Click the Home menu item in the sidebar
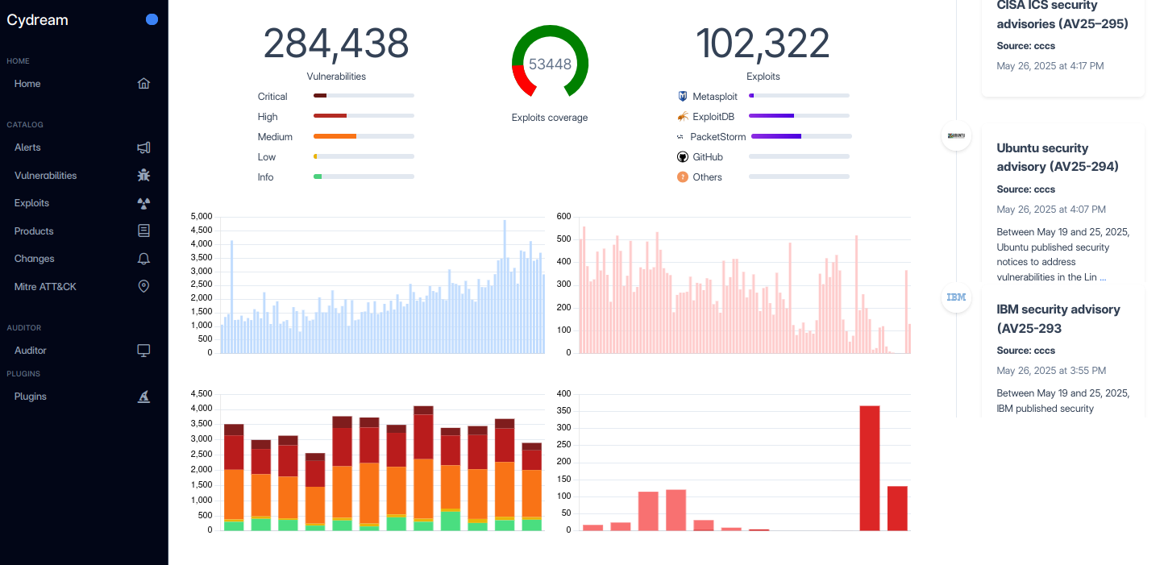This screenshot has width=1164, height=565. (27, 84)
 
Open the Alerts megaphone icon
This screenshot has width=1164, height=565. (143, 147)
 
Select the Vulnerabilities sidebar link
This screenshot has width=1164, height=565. (45, 176)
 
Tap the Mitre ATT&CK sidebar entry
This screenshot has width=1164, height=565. (45, 287)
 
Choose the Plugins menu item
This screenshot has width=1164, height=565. (31, 397)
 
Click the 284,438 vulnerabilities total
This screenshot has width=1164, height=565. (336, 44)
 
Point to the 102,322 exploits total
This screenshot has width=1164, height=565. (763, 44)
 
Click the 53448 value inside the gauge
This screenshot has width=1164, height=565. (550, 64)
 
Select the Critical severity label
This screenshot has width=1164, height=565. (272, 97)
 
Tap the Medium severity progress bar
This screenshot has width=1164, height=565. (364, 136)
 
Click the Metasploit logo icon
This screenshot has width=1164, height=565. (683, 97)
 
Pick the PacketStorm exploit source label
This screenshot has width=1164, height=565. (718, 137)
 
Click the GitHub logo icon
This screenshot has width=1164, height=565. (683, 157)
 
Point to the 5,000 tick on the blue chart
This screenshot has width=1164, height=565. (201, 217)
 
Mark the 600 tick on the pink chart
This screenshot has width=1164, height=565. (563, 217)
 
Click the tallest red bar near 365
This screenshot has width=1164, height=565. (870, 467)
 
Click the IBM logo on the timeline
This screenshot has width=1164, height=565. (956, 297)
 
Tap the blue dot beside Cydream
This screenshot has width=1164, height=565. (152, 20)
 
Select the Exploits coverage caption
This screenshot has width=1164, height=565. (550, 118)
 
